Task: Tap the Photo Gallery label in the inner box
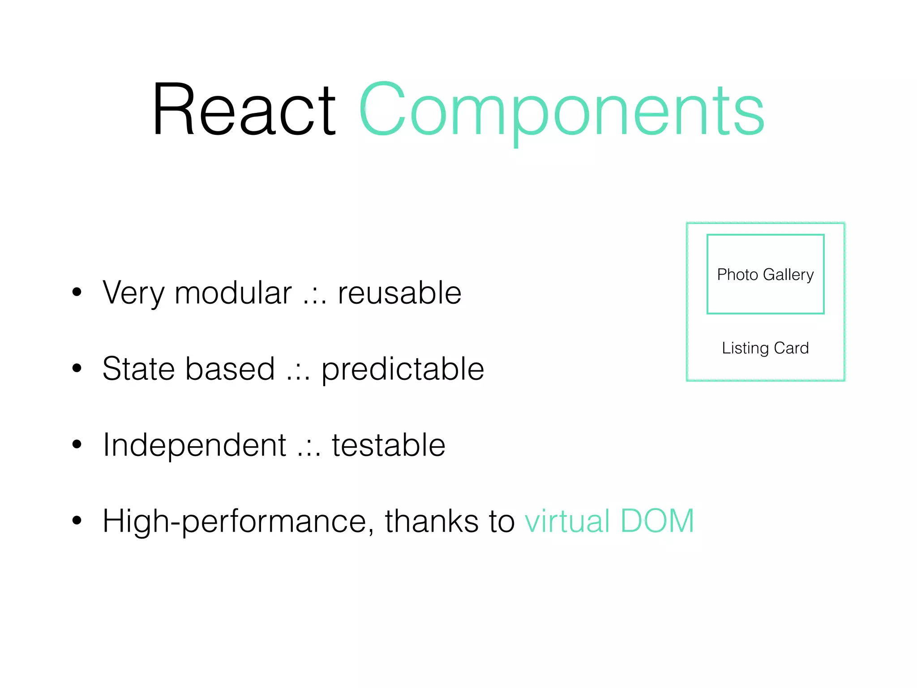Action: click(765, 275)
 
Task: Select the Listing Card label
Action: click(765, 348)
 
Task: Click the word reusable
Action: click(399, 293)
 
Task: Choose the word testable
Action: click(388, 446)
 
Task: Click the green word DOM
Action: click(657, 521)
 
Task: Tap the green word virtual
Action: click(567, 521)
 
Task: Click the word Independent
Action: click(194, 446)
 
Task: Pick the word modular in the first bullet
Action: click(233, 293)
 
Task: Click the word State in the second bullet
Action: click(138, 369)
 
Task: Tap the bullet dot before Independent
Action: click(77, 444)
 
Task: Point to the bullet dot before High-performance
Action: click(77, 520)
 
